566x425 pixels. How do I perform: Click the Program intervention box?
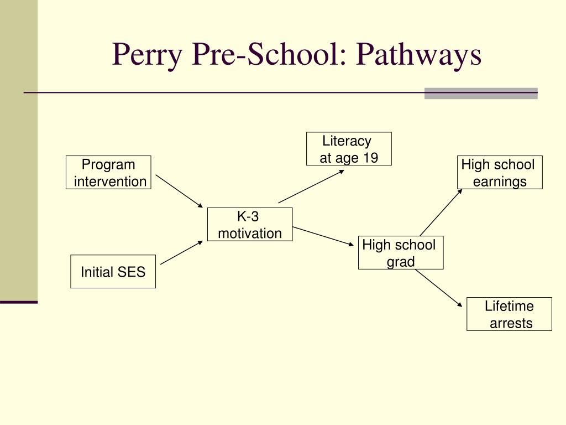[x=108, y=173]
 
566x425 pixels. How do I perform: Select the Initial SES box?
[x=113, y=272]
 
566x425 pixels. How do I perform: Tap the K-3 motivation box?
[x=249, y=225]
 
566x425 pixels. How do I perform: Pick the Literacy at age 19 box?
[x=349, y=149]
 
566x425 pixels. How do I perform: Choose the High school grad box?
[x=400, y=253]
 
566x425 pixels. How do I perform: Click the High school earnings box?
[x=499, y=173]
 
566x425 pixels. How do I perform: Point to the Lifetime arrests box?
[x=509, y=314]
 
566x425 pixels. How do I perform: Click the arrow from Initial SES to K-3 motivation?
[x=182, y=252]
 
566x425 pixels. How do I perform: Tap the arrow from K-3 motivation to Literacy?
[x=311, y=186]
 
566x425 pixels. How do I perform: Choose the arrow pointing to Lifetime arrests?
[x=438, y=288]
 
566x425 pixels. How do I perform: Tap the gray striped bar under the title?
[x=481, y=94]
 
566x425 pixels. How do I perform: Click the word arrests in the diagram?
[x=511, y=323]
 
